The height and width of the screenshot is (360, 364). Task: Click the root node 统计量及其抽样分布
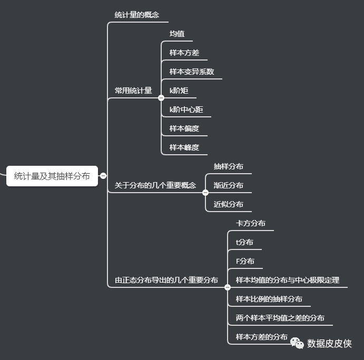tap(52, 176)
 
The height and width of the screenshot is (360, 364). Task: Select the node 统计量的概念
tap(136, 15)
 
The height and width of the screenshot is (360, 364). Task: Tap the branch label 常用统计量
tap(133, 91)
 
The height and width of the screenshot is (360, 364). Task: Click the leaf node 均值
tap(177, 34)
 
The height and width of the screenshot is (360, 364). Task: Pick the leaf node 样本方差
tap(184, 53)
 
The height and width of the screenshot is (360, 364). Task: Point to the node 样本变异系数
tap(192, 72)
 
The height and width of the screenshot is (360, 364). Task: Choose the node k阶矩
tap(179, 91)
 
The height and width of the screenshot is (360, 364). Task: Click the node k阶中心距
tap(186, 109)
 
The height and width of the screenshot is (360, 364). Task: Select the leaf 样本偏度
tap(184, 128)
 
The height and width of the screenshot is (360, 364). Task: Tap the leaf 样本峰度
tap(184, 147)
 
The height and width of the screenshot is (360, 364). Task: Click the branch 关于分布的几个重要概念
tap(155, 185)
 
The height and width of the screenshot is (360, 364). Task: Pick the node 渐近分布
tap(228, 185)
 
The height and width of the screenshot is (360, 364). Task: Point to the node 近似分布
tap(228, 204)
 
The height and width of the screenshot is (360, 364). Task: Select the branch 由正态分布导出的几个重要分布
tap(166, 280)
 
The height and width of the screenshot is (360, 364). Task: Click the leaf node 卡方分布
tap(250, 223)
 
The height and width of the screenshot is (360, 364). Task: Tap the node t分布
tap(244, 242)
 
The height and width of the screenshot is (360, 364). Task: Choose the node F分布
tap(245, 261)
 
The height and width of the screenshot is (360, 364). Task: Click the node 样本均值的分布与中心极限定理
tap(287, 280)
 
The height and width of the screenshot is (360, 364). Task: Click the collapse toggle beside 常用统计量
tap(161, 97)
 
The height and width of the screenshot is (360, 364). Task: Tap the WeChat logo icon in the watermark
tap(297, 343)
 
